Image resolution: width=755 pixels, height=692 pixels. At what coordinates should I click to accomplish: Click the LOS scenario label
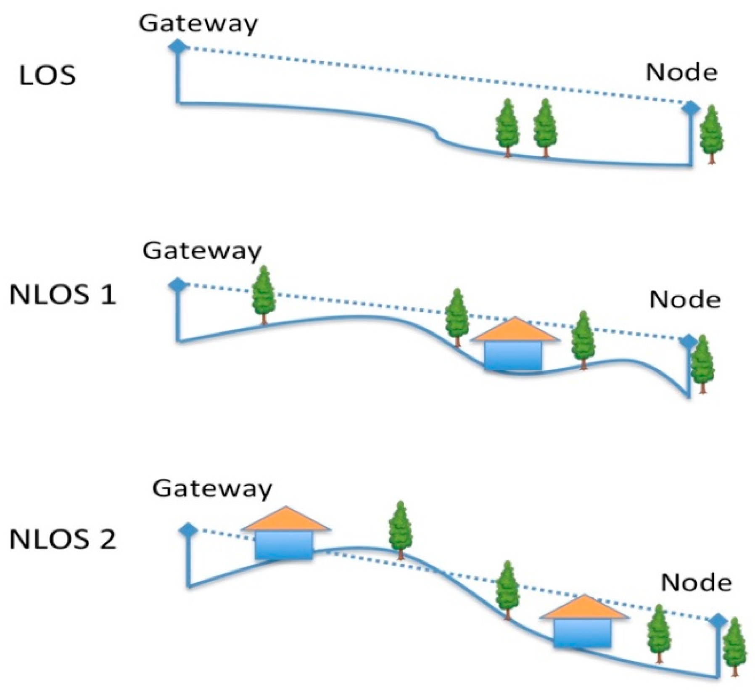click(x=48, y=76)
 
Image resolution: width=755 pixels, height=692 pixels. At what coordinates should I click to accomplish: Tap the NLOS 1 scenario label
click(x=62, y=294)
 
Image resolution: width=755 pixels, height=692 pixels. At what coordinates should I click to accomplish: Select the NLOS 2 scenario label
click(x=62, y=539)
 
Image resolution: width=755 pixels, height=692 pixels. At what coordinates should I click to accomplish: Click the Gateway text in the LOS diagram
click(x=198, y=24)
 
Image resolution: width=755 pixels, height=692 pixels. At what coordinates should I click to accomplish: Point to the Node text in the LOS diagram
click(x=681, y=73)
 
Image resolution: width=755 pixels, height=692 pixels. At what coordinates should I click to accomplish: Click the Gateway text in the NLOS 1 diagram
click(x=202, y=252)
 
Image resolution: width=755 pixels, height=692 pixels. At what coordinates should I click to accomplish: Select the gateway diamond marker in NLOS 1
click(x=178, y=285)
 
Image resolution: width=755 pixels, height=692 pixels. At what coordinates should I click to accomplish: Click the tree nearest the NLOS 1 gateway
click(x=263, y=292)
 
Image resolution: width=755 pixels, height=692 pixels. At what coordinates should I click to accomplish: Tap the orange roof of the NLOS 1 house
click(x=515, y=331)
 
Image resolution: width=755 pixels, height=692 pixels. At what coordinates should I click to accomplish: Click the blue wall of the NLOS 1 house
click(x=513, y=355)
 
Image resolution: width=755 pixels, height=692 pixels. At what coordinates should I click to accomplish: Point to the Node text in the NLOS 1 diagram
click(x=685, y=300)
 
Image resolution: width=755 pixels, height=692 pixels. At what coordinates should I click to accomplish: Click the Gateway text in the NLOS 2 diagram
click(x=212, y=489)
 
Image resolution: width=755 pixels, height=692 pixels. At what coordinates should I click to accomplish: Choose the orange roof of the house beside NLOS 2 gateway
click(x=286, y=520)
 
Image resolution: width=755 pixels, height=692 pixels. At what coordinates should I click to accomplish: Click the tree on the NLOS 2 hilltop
click(x=400, y=528)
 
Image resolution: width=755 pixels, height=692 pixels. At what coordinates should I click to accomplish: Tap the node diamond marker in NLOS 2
click(x=718, y=620)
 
